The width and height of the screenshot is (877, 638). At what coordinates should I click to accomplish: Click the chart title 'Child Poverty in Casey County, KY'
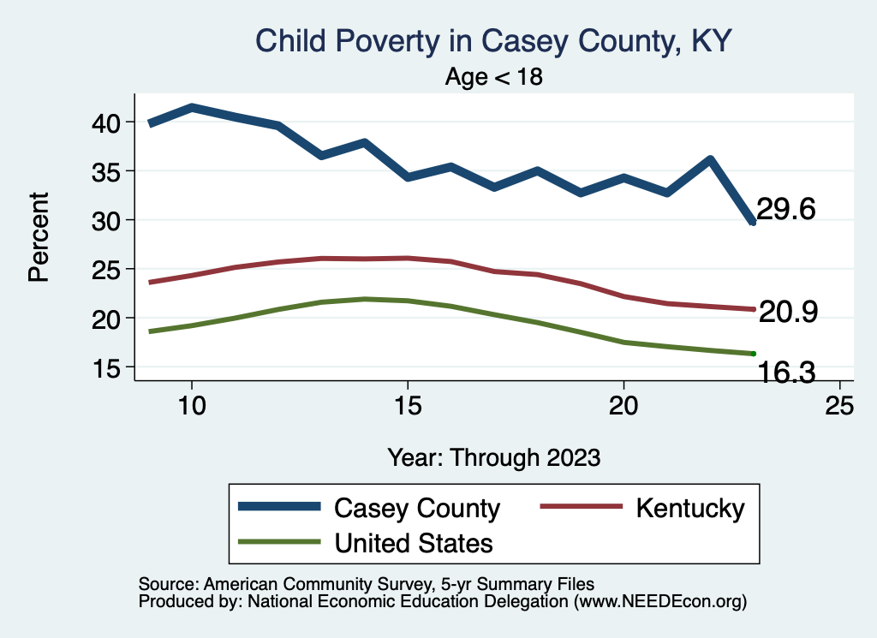click(x=494, y=41)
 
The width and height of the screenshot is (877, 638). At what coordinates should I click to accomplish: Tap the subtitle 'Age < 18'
click(x=494, y=77)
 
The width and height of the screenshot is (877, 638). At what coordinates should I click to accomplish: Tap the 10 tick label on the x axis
click(x=191, y=405)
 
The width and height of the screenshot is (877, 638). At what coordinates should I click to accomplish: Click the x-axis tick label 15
click(x=407, y=405)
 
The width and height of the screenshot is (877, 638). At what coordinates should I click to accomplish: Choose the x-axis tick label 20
click(x=623, y=405)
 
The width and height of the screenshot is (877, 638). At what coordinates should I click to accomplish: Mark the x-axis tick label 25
click(x=839, y=405)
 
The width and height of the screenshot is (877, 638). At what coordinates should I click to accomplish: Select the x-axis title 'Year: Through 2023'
click(x=494, y=457)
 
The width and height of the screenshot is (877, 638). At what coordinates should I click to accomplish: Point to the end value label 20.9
click(x=788, y=313)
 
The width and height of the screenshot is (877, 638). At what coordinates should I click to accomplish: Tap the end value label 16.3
click(x=785, y=372)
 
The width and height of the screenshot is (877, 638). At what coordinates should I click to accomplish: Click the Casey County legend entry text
click(x=416, y=508)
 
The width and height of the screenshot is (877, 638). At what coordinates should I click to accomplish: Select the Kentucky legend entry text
click(x=689, y=508)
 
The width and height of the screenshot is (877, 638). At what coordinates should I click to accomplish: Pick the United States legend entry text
click(x=414, y=543)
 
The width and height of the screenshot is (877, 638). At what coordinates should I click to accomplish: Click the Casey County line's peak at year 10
click(x=192, y=108)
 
